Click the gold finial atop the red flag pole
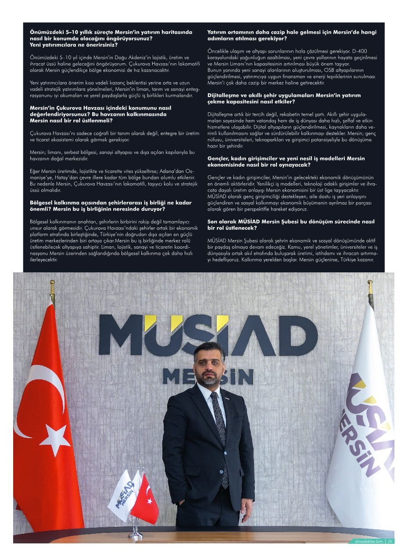coord(52,288)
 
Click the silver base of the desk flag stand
coord(135,535)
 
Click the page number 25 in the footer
coord(390,541)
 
